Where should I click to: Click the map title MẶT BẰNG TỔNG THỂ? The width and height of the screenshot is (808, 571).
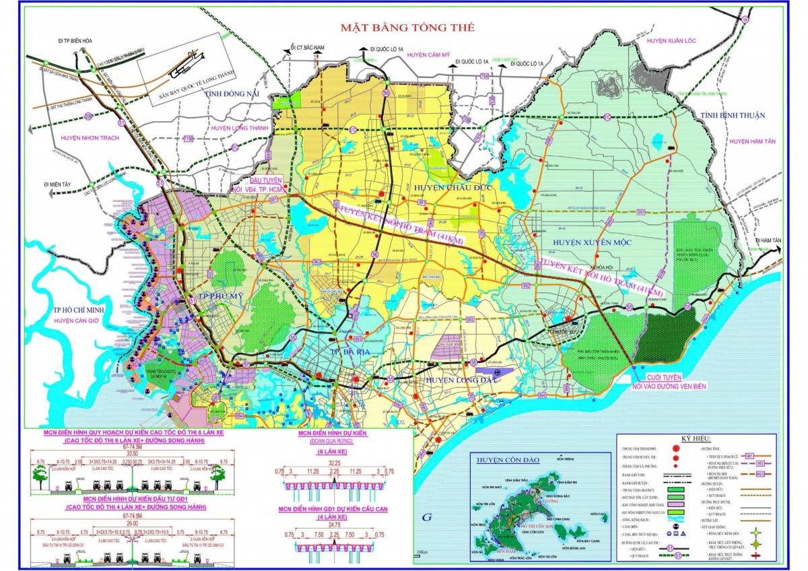tap(407, 28)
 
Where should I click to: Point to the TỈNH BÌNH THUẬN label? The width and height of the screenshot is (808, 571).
tap(733, 115)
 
